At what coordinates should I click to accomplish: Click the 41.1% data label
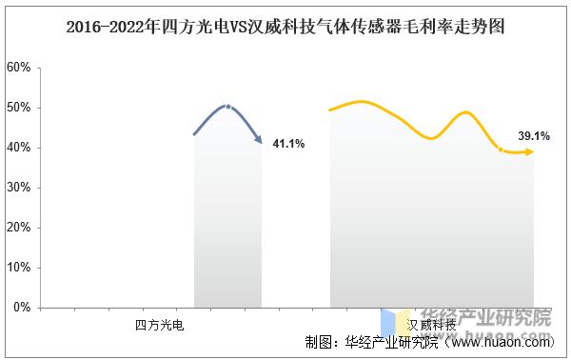click(288, 144)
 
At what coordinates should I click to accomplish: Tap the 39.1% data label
click(533, 137)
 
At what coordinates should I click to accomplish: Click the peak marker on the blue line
click(226, 106)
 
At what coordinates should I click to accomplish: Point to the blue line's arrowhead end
click(260, 142)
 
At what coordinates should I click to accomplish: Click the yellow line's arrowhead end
click(530, 152)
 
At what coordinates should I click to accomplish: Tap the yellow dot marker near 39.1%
click(502, 149)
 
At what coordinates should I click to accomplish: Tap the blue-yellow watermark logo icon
click(397, 321)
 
